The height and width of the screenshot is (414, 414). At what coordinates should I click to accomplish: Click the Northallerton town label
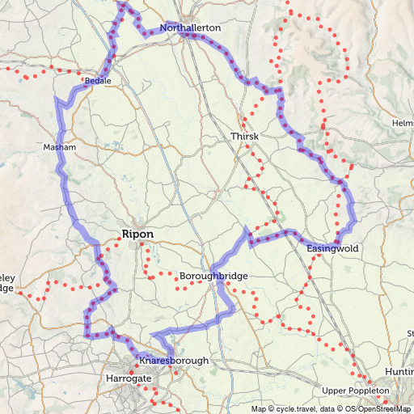click(x=190, y=27)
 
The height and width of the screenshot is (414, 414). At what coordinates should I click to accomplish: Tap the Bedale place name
click(x=97, y=82)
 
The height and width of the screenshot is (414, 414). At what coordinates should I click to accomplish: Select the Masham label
click(x=59, y=148)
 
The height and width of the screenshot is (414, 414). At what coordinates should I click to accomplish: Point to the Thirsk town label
click(x=244, y=137)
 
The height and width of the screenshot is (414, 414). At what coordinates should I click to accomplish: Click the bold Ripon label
click(x=137, y=234)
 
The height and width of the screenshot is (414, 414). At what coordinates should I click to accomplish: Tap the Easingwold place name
click(x=332, y=248)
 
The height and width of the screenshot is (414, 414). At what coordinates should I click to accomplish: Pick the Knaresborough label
click(x=174, y=360)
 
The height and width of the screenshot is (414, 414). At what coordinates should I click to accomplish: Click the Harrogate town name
click(x=129, y=378)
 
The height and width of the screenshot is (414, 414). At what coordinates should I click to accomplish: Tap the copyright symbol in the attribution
click(x=272, y=408)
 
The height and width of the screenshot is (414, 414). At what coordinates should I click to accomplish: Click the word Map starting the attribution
click(x=259, y=408)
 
